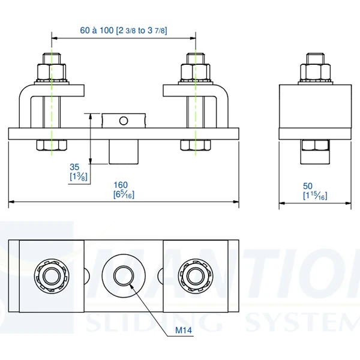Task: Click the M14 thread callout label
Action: tap(184, 331)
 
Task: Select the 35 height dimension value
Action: tap(75, 166)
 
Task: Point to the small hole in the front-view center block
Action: tap(124, 121)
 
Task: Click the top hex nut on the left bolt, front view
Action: tap(51, 71)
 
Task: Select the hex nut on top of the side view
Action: tap(314, 71)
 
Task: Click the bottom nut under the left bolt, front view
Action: tap(52, 145)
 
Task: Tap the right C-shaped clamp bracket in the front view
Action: tap(218, 108)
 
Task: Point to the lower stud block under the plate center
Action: tap(124, 152)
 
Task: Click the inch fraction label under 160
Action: tap(122, 194)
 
